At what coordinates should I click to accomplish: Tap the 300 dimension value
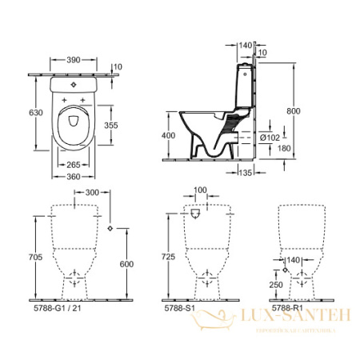coord(91,194)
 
